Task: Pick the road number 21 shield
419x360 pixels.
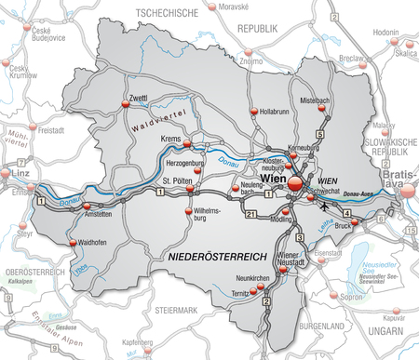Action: pos(252,216)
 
